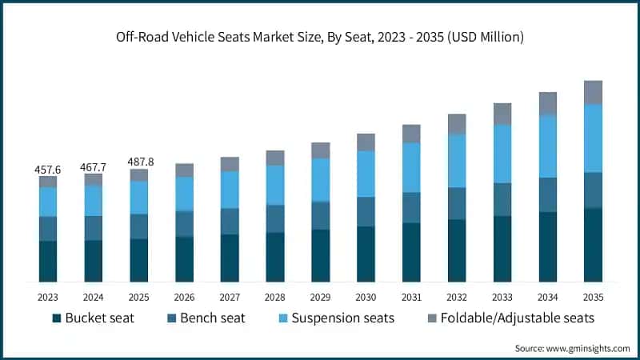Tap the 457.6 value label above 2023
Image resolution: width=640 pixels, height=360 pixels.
(48, 170)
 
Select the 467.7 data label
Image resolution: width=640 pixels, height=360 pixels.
(94, 167)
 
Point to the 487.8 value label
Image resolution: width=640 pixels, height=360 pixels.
(139, 162)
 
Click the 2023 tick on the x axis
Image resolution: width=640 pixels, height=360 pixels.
(48, 297)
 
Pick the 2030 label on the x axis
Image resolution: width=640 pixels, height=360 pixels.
(366, 297)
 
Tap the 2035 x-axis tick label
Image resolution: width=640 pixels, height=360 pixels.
(593, 297)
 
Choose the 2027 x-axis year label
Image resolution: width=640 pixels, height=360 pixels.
(230, 297)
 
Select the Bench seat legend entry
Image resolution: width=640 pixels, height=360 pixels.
(204, 318)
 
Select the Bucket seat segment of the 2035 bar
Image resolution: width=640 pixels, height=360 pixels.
(593, 245)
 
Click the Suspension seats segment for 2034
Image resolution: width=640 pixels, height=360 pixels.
(547, 146)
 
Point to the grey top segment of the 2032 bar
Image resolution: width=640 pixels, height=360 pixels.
(457, 124)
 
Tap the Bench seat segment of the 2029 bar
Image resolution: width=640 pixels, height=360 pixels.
(321, 215)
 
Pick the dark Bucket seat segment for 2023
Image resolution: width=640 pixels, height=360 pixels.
(48, 261)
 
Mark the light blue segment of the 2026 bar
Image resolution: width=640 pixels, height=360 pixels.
(184, 194)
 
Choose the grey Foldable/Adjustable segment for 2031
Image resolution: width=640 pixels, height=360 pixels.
(411, 134)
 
